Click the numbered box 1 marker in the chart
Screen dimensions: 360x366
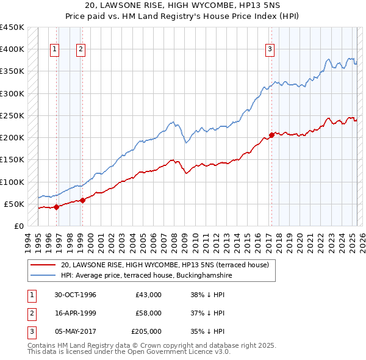(x=55, y=49)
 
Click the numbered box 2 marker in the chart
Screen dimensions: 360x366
(x=81, y=49)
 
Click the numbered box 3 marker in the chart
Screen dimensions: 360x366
(x=270, y=49)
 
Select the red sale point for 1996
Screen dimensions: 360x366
(x=56, y=207)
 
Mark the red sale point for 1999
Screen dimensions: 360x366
(x=82, y=200)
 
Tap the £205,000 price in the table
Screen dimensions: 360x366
(x=146, y=331)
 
